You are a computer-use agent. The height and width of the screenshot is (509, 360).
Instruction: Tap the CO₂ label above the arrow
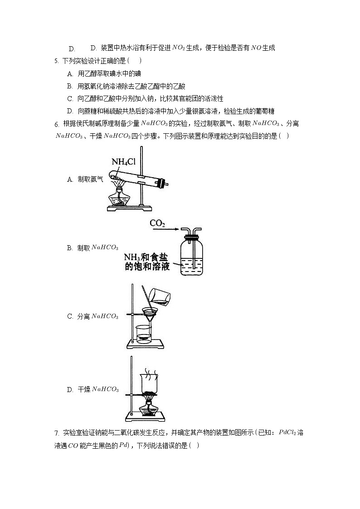point(157,223)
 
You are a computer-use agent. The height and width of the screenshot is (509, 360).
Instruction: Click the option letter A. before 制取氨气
point(70,179)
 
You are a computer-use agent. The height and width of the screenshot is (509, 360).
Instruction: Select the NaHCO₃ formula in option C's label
point(105,316)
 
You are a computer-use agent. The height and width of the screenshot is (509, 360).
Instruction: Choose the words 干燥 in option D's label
point(83,389)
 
